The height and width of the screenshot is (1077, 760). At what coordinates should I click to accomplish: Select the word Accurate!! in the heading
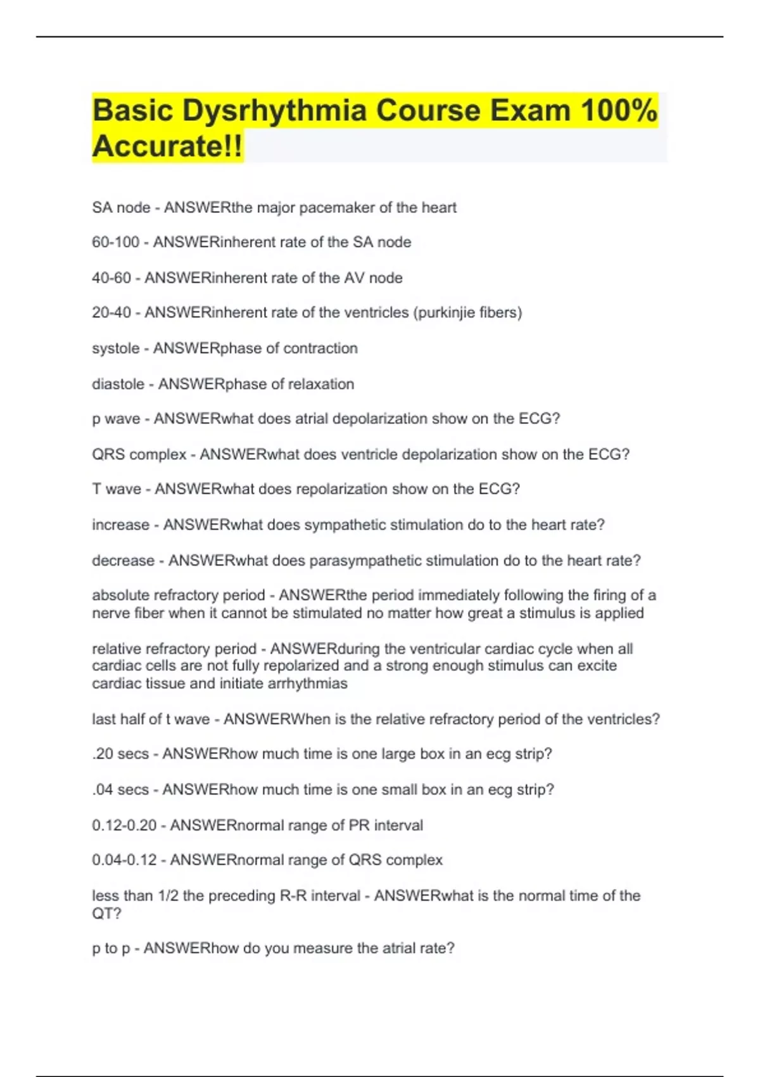(x=167, y=146)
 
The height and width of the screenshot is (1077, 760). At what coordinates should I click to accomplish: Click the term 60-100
(x=115, y=242)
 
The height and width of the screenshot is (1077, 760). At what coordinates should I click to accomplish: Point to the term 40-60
(x=111, y=277)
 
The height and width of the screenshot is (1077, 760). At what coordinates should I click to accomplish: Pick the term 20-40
(x=111, y=312)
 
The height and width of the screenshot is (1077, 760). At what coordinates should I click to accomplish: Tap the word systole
(x=115, y=348)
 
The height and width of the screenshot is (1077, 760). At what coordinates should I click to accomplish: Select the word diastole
(x=118, y=384)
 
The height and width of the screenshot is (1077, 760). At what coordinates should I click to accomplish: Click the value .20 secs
(x=120, y=754)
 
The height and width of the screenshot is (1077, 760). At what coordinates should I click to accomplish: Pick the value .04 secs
(x=120, y=789)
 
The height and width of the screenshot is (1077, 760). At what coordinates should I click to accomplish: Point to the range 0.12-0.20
(x=124, y=825)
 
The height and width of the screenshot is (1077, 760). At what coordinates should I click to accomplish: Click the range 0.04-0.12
(x=124, y=860)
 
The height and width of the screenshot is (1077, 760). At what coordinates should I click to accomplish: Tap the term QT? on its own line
(x=106, y=914)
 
